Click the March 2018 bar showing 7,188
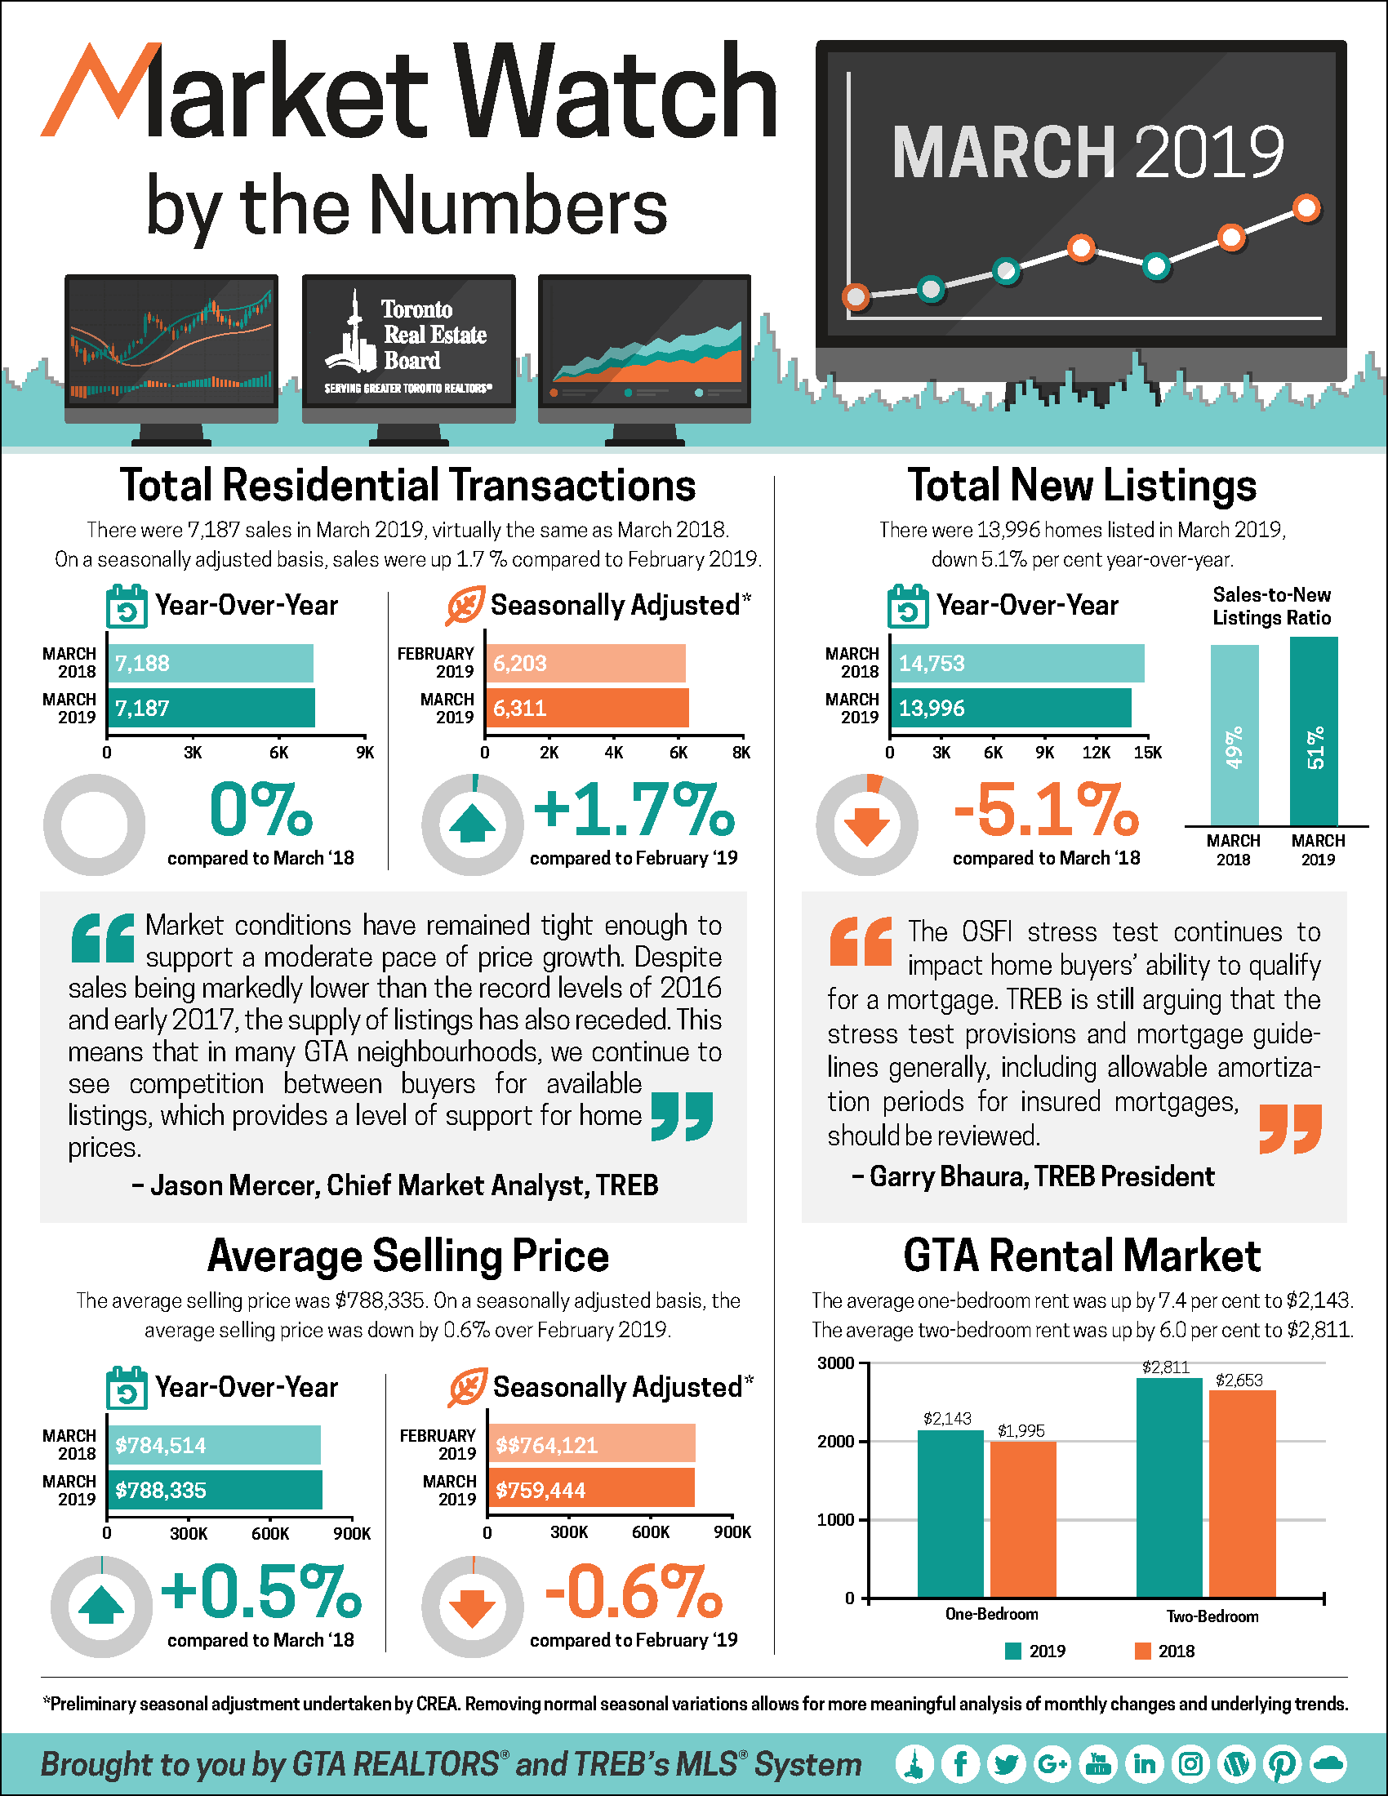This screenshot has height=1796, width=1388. click(211, 663)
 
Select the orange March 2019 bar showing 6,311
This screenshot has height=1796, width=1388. click(586, 708)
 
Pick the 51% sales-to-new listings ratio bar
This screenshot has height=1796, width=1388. click(1314, 731)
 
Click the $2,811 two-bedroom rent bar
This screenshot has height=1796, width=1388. click(1169, 1487)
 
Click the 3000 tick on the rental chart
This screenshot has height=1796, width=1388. click(836, 1363)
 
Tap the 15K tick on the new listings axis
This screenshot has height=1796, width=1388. click(1147, 753)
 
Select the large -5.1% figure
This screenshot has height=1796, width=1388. click(1046, 811)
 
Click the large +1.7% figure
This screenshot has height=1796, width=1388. click(634, 811)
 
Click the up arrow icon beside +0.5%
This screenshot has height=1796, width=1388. click(101, 1606)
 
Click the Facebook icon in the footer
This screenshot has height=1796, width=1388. click(960, 1763)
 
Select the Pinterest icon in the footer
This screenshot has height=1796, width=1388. click(1282, 1763)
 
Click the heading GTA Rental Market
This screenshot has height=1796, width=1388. click(1081, 1256)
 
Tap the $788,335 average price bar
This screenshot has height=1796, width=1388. click(214, 1490)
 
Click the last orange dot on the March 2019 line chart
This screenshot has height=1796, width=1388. click(1306, 208)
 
